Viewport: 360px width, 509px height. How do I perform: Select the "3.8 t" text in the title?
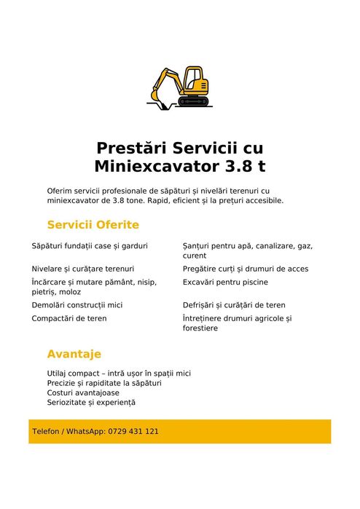tap(242, 166)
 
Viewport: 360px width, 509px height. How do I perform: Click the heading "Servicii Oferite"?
tap(93, 225)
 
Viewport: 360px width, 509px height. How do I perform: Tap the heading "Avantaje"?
tap(74, 354)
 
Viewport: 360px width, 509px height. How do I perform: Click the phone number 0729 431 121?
tap(133, 431)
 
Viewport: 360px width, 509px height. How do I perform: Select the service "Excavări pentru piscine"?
tap(225, 282)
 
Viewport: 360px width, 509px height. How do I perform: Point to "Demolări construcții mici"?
tap(77, 305)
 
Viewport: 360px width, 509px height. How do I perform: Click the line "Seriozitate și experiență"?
tap(91, 402)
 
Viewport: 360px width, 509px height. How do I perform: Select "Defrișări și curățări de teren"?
tap(234, 305)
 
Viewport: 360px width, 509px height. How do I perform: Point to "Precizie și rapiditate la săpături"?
tap(104, 382)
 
